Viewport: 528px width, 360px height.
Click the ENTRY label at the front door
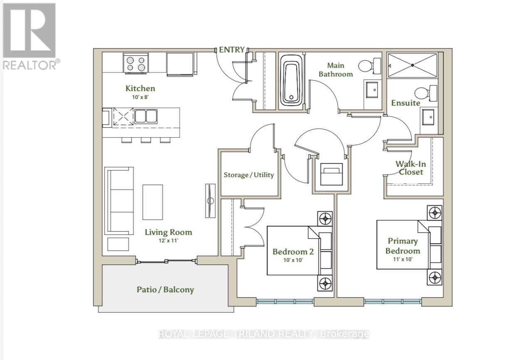[232, 50]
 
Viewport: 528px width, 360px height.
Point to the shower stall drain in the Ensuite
[412, 65]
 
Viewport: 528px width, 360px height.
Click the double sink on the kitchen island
[146, 116]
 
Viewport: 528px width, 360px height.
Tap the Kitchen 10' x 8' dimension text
[140, 97]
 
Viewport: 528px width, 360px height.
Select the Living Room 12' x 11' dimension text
[168, 241]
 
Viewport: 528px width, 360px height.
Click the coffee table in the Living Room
[152, 202]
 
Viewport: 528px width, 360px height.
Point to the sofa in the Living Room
[119, 201]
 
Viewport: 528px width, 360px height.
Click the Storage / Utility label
[249, 175]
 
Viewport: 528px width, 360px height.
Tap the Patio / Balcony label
[165, 290]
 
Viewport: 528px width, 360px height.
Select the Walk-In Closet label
[410, 168]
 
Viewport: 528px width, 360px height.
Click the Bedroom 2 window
[285, 301]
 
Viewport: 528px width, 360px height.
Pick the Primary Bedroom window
[393, 301]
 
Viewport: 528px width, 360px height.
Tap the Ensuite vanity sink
[428, 117]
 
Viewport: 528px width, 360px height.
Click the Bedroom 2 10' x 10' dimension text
[293, 260]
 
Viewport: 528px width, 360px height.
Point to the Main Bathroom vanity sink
[372, 90]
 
